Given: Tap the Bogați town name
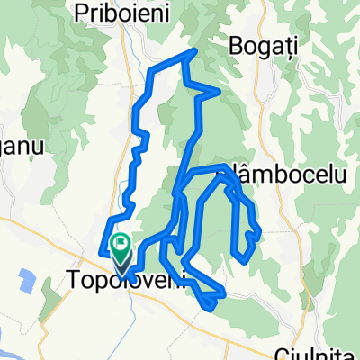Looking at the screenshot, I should (x=261, y=44).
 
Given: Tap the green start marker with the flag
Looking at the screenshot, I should (x=121, y=247).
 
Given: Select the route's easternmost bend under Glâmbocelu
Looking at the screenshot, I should (x=259, y=233).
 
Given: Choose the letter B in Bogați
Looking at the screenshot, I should (x=236, y=44).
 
